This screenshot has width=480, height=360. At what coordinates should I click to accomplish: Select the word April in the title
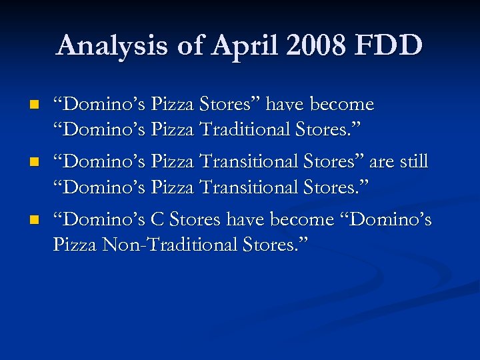click(x=233, y=46)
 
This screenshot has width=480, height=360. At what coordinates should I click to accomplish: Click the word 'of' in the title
click(x=183, y=46)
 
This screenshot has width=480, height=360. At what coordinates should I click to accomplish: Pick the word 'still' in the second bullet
click(x=412, y=162)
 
